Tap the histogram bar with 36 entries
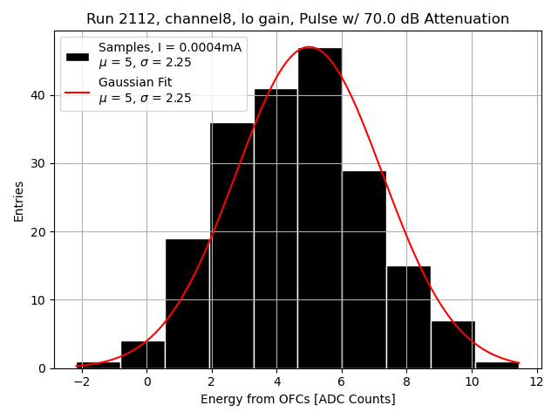[x=231, y=245]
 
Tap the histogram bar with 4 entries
[x=143, y=354]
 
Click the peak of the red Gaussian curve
[x=309, y=47]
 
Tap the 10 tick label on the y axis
[x=41, y=300]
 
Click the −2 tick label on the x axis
[x=81, y=381]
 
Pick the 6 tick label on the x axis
[x=341, y=381]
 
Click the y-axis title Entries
[x=19, y=201]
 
